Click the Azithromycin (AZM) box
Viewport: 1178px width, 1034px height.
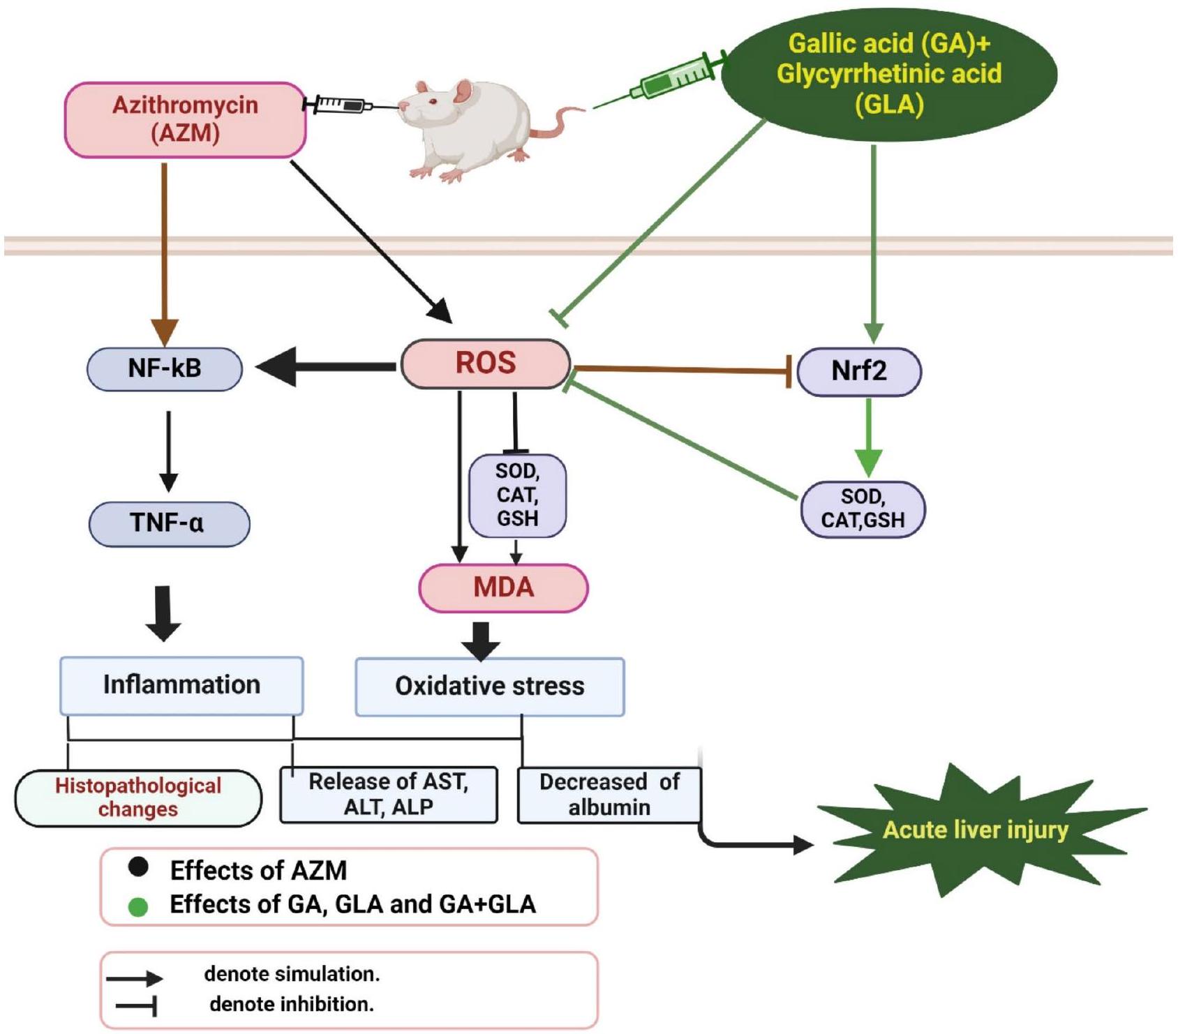[x=185, y=119]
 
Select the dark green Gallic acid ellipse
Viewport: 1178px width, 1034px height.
[x=888, y=74]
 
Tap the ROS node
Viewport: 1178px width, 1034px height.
[x=486, y=364]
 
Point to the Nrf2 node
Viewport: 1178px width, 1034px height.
[x=859, y=371]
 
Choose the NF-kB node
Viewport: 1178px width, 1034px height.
[x=165, y=368]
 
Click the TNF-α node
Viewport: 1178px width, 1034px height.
[x=169, y=523]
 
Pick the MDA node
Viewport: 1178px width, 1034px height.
[x=503, y=587]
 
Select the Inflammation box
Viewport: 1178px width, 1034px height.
[x=181, y=685]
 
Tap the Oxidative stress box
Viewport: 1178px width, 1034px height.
[x=489, y=687]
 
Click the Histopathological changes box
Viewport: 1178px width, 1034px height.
[x=138, y=797]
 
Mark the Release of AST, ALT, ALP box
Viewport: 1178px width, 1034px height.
[x=389, y=795]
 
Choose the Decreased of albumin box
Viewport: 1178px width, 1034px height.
[x=609, y=795]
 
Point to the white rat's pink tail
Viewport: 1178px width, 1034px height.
[x=558, y=122]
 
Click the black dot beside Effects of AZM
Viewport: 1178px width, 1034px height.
[x=138, y=867]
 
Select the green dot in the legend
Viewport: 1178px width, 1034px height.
[x=138, y=907]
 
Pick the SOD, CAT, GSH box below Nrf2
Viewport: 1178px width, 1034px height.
[x=863, y=509]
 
